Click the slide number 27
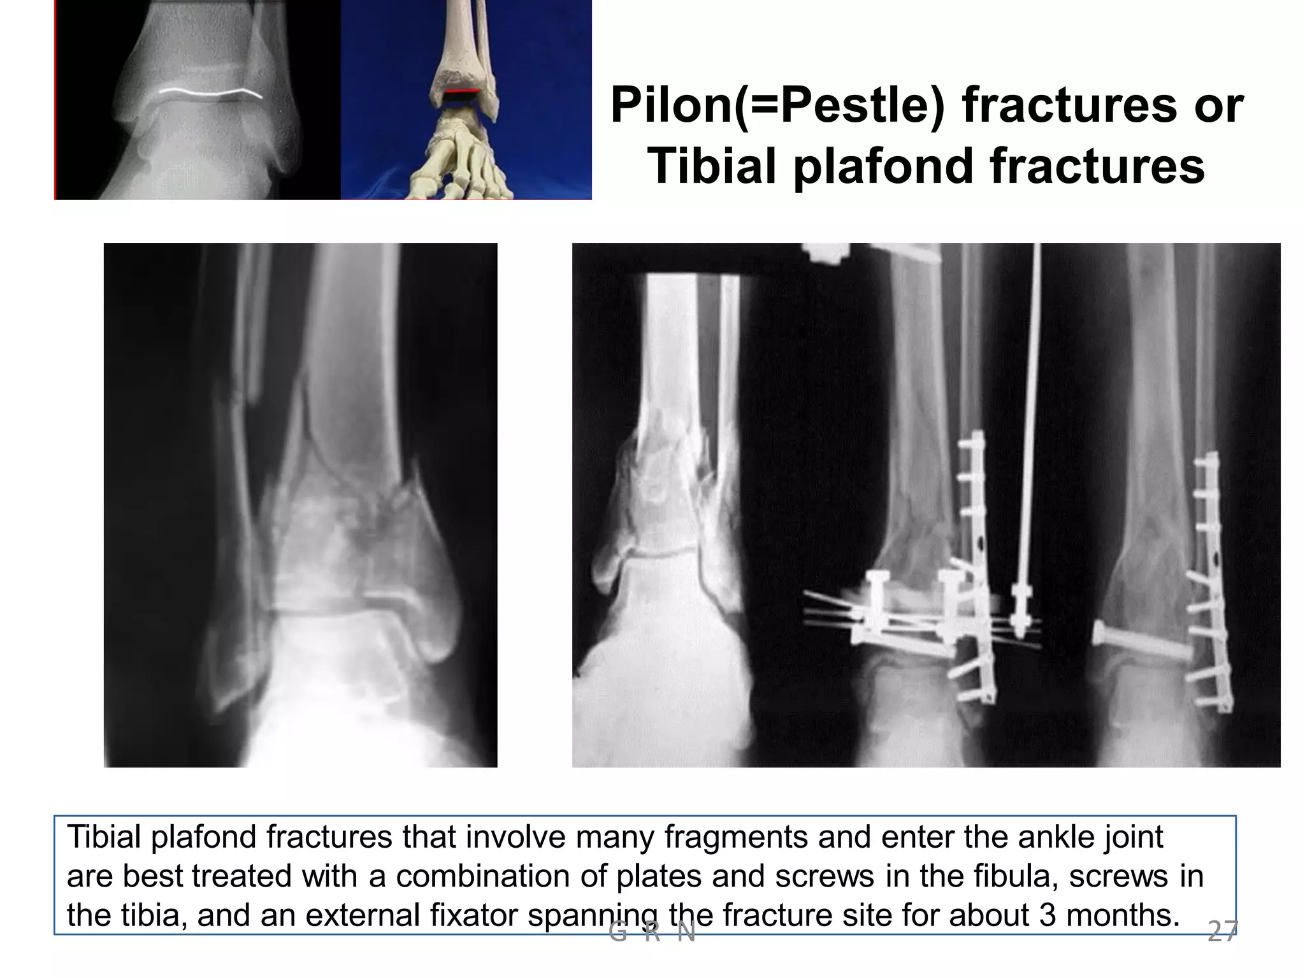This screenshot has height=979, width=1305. tap(1222, 932)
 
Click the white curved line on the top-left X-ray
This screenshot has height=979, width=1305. tap(210, 92)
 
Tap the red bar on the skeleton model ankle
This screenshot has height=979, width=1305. tap(461, 93)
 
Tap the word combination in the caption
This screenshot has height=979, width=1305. tap(482, 876)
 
